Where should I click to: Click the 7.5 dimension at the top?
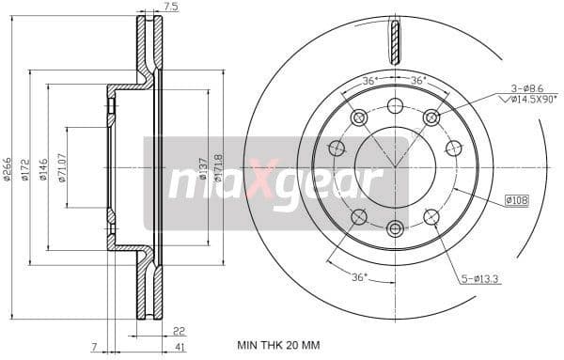pyautogui.click(x=170, y=7)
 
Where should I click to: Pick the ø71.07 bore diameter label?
pyautogui.click(x=62, y=167)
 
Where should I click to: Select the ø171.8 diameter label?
pyautogui.click(x=218, y=167)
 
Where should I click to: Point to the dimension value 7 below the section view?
pyautogui.click(x=94, y=348)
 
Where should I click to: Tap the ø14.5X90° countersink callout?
pyautogui.click(x=530, y=98)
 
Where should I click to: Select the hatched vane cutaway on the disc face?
pyautogui.click(x=395, y=43)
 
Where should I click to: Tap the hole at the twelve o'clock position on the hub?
pyautogui.click(x=395, y=105)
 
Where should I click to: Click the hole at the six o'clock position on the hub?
pyautogui.click(x=395, y=227)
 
